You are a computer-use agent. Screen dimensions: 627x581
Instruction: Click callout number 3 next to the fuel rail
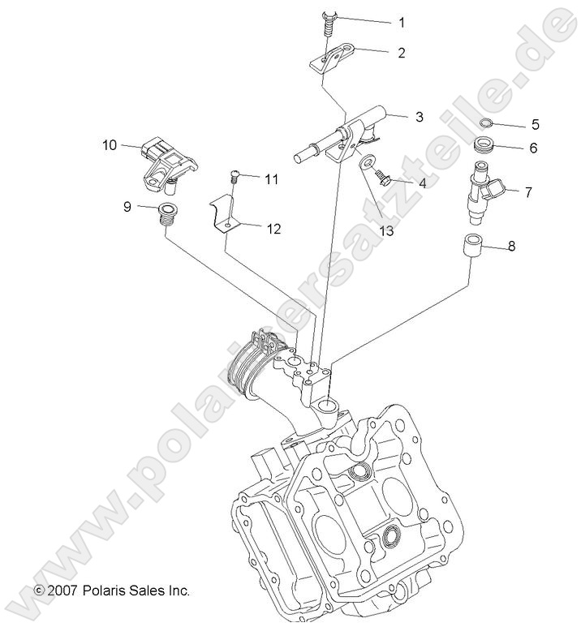tap(419, 117)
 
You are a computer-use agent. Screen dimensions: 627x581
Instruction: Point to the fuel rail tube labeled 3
tap(342, 135)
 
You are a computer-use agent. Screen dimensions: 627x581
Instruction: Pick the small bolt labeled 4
tap(386, 179)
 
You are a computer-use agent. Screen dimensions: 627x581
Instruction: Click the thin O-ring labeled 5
tap(485, 123)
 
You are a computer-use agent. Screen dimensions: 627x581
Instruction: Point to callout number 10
tap(110, 145)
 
